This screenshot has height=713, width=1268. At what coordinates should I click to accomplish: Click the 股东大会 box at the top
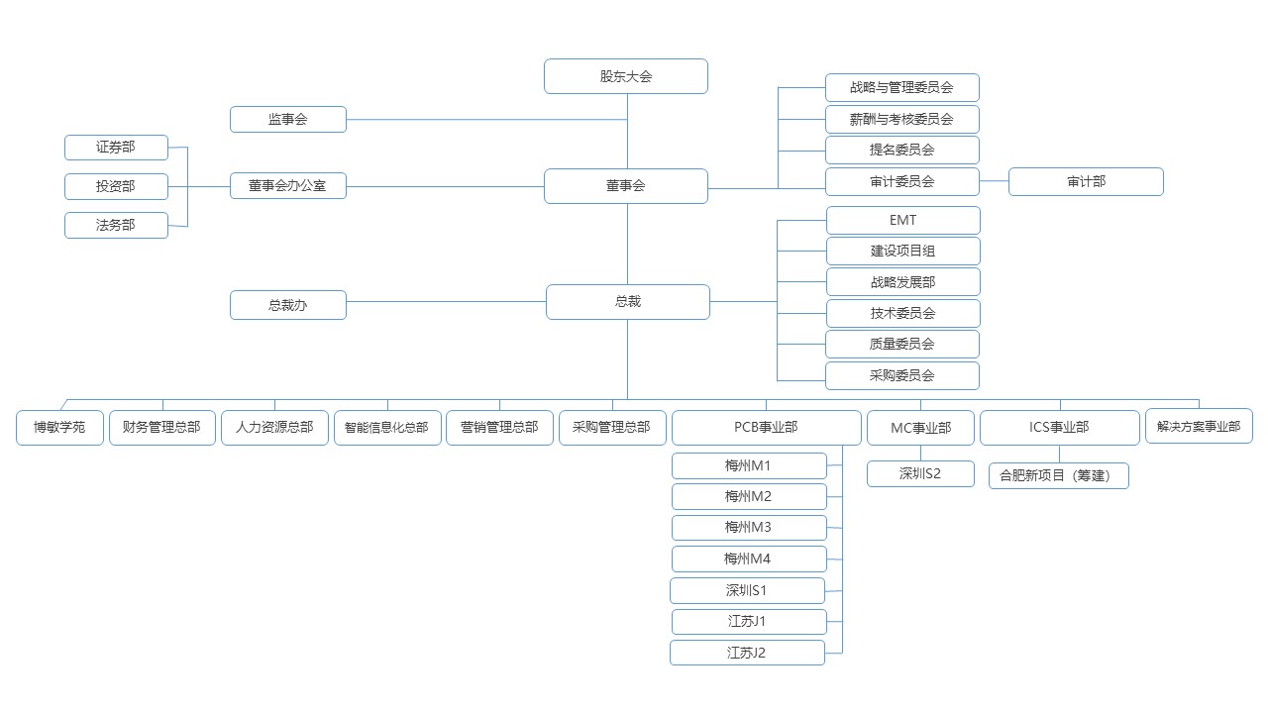(626, 76)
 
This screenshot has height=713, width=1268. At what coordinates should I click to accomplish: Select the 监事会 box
(288, 119)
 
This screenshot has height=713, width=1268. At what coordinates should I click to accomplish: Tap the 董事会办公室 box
(288, 185)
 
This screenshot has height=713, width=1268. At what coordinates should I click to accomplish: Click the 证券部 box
(116, 148)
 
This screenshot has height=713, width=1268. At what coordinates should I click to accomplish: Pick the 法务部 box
(116, 226)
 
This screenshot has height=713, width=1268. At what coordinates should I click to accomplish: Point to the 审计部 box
(1086, 181)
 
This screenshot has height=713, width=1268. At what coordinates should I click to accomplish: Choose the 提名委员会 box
(902, 151)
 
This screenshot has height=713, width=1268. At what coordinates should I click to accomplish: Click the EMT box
(902, 220)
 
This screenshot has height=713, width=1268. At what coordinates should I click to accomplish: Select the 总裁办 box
(288, 305)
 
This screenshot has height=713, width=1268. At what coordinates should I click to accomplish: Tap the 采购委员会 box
(902, 375)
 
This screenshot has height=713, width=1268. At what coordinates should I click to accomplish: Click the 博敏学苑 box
(59, 428)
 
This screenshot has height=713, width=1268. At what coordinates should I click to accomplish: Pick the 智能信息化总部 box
(387, 428)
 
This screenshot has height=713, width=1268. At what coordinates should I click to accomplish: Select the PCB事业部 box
(766, 428)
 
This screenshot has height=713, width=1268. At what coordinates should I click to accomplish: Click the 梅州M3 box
(748, 527)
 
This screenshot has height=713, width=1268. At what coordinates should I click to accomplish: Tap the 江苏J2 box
(747, 653)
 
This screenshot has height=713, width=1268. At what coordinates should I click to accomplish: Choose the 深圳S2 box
(920, 474)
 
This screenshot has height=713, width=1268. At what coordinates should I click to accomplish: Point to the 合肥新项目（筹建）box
(1058, 475)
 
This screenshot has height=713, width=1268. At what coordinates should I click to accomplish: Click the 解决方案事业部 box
(1199, 427)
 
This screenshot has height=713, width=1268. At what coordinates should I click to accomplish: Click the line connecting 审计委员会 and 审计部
(994, 181)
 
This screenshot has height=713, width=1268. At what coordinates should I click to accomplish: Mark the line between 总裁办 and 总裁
(446, 302)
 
